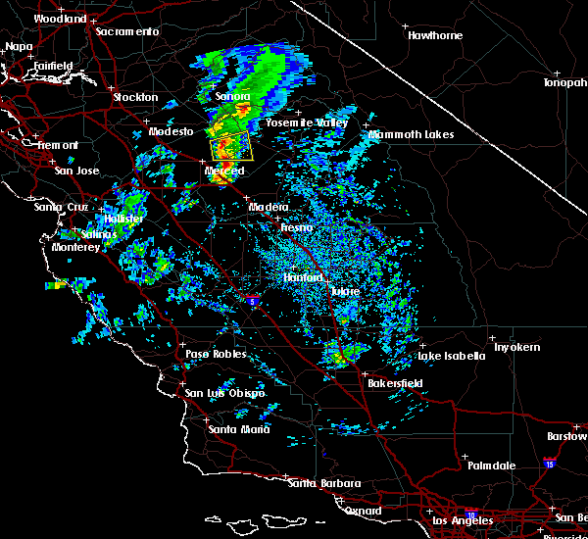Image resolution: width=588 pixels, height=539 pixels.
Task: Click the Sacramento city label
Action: pos(127,31)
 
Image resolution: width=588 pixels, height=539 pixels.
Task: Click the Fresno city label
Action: pos(296,228)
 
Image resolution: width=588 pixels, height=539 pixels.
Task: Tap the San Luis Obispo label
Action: pos(225,393)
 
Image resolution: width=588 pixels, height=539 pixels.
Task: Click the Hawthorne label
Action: pos(435,35)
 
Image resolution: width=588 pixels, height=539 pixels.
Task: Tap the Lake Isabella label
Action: pos(452,356)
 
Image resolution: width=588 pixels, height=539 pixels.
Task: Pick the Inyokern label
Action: pos(516,348)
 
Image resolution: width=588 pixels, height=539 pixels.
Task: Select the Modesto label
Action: pos(171,131)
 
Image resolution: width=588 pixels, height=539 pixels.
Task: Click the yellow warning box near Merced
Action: pos(232,147)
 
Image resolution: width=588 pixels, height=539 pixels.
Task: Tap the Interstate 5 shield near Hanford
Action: pos(253,299)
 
